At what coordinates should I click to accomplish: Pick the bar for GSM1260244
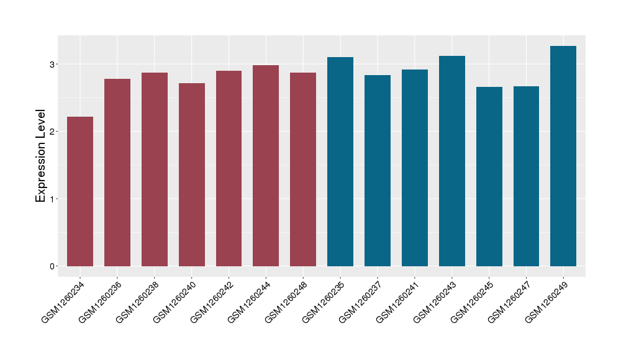point(266,166)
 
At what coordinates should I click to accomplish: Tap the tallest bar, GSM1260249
point(563,156)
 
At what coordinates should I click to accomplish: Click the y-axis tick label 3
point(53,64)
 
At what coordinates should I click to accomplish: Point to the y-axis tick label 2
point(53,132)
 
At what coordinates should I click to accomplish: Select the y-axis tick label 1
point(53,199)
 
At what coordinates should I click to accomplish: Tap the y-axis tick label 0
point(53,266)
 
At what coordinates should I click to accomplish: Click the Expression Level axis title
point(41,156)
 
